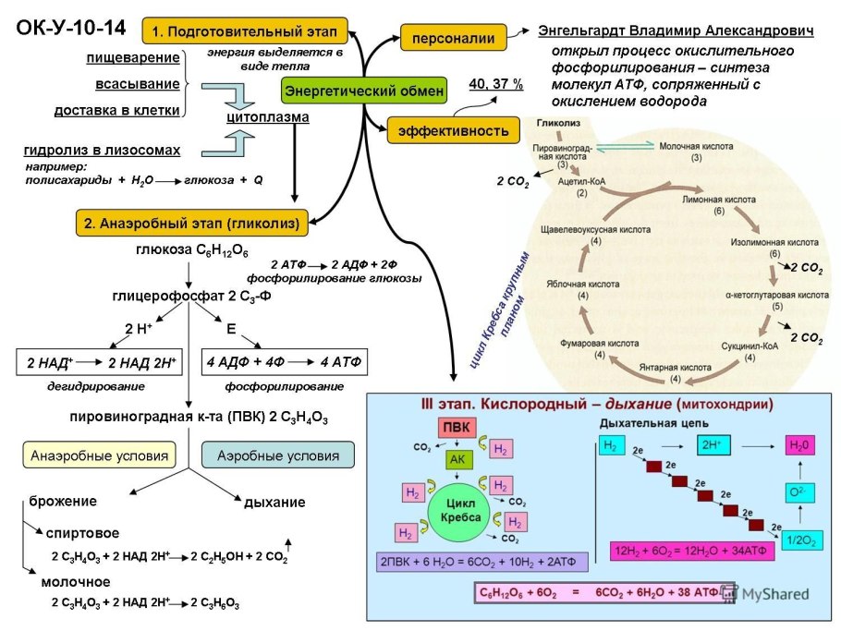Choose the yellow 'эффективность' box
point(454,130)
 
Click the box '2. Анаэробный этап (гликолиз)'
point(193,223)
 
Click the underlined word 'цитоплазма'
point(267,117)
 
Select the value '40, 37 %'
point(495,84)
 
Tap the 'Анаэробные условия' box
point(100,455)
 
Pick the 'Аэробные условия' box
point(277,455)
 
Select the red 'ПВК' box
point(455,428)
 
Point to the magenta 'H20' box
point(799,445)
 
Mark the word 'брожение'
point(68,501)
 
